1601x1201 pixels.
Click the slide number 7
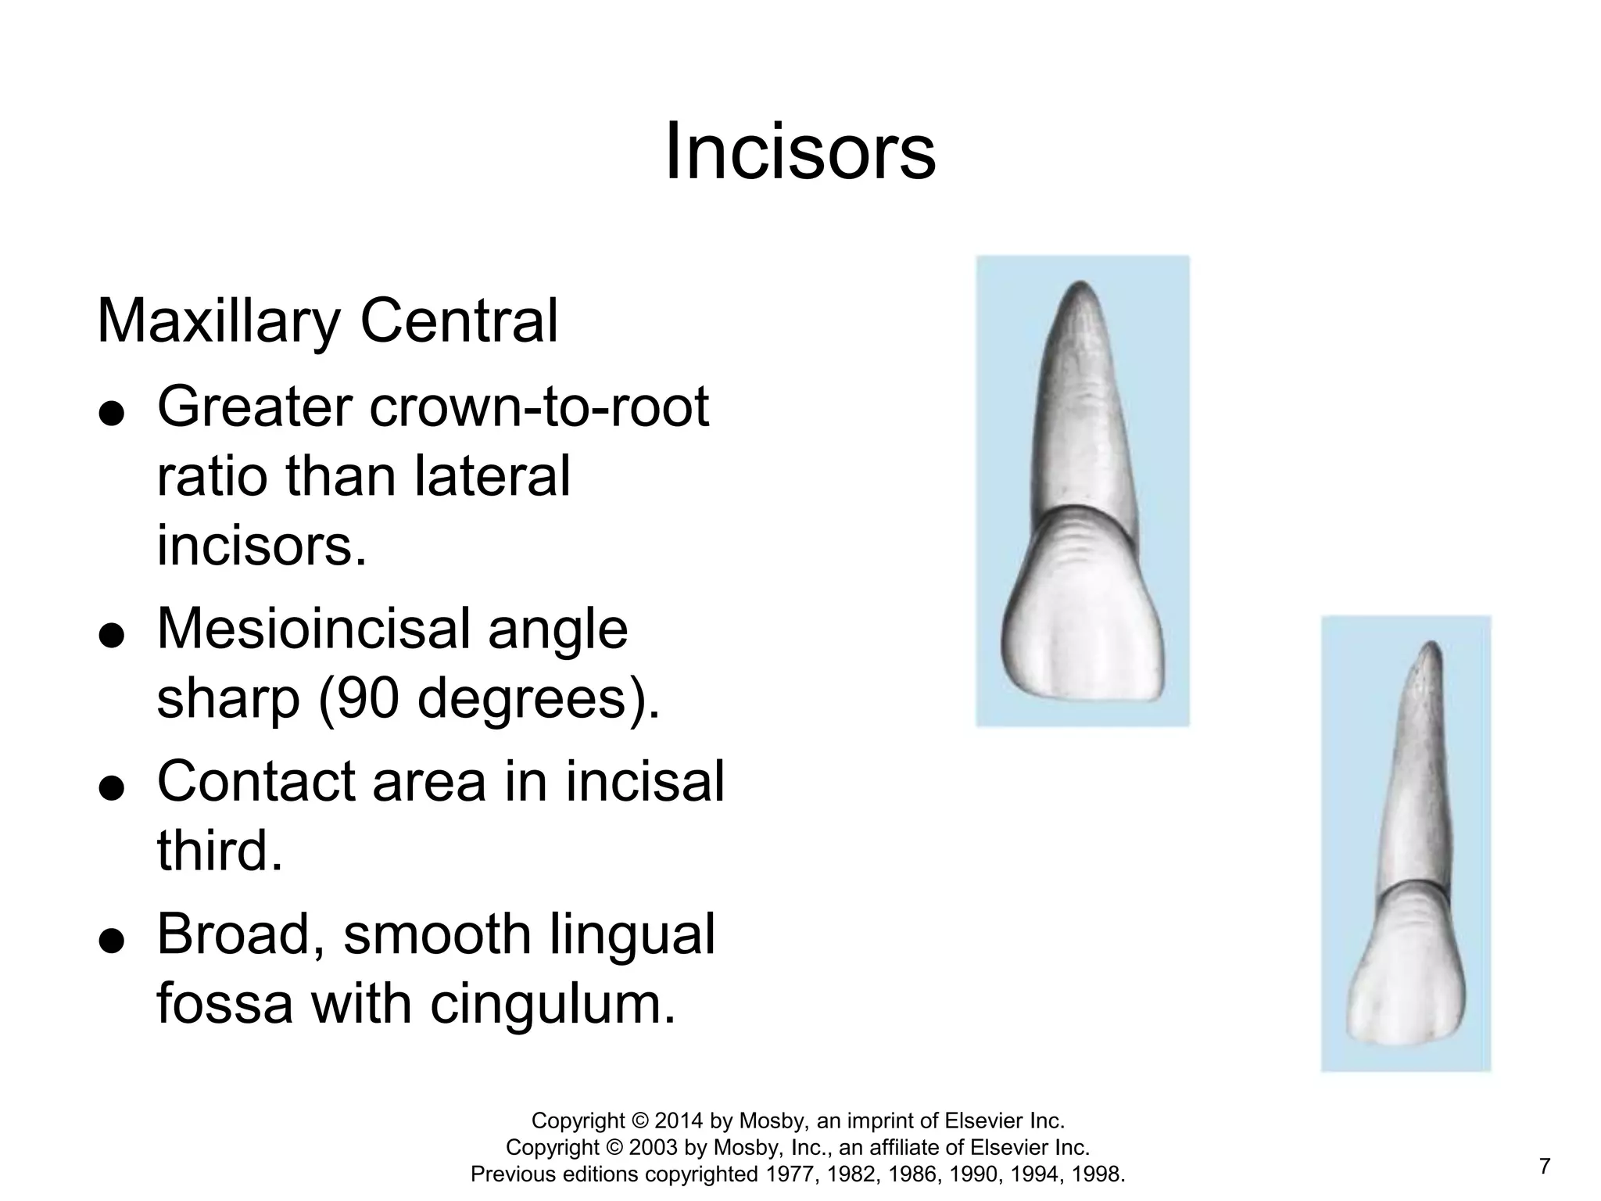[x=1544, y=1167]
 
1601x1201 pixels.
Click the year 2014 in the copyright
[x=679, y=1121]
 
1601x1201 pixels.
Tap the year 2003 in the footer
[x=654, y=1148]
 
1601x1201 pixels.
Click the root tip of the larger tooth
[x=1081, y=287]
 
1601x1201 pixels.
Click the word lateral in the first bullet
[x=492, y=477]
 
